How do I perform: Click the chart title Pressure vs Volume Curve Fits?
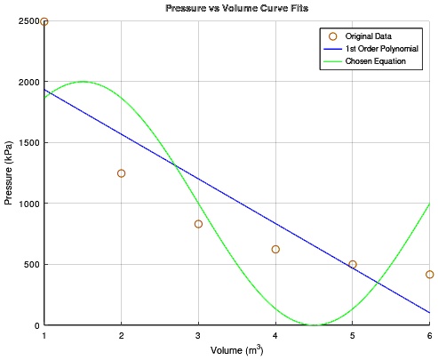click(237, 8)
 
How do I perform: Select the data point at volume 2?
click(121, 173)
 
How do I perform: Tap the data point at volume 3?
click(198, 224)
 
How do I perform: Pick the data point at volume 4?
click(275, 250)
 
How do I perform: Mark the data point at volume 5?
click(353, 264)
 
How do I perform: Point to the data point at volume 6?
click(429, 275)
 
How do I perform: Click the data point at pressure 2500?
click(44, 21)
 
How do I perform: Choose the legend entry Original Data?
click(369, 36)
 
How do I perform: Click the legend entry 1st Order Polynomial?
click(382, 49)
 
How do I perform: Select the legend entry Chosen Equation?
click(376, 61)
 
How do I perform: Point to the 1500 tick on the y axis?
click(29, 142)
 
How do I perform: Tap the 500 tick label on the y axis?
click(32, 264)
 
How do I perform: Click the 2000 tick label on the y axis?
click(29, 82)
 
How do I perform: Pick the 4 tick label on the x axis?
click(275, 336)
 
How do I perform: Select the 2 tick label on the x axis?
click(121, 336)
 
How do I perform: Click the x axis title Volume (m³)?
click(237, 350)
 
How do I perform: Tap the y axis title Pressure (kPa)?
click(8, 172)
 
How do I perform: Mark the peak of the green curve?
click(83, 82)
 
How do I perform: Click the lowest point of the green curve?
click(314, 325)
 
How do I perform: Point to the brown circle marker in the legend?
click(333, 36)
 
